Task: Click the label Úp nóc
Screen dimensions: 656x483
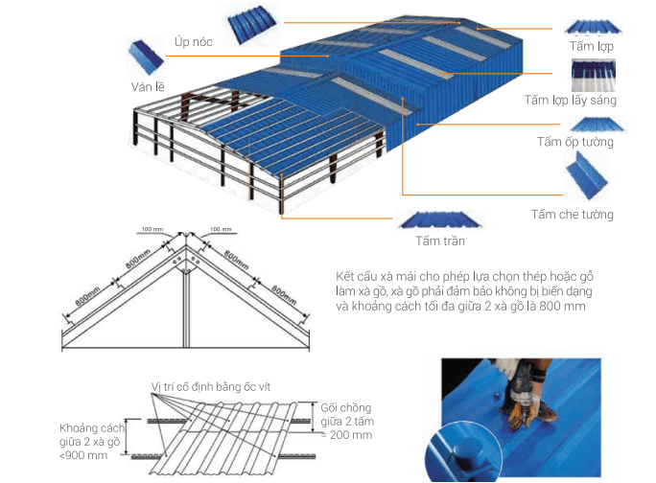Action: click(x=194, y=42)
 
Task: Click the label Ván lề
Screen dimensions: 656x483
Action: click(x=148, y=86)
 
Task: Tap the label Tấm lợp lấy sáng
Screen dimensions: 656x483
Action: click(x=571, y=101)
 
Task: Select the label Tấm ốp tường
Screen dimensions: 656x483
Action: click(x=575, y=142)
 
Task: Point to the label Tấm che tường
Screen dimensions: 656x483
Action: click(x=573, y=215)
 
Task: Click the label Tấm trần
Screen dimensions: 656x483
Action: click(x=440, y=241)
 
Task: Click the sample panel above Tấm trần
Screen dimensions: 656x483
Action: click(x=440, y=220)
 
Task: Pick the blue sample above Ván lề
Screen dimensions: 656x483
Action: click(x=145, y=57)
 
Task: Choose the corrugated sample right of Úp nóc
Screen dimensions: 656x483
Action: click(x=252, y=24)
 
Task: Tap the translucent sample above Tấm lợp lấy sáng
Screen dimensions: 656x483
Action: click(x=594, y=76)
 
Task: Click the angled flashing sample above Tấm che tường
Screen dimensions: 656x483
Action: click(x=586, y=175)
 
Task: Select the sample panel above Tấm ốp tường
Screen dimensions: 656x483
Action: click(x=597, y=125)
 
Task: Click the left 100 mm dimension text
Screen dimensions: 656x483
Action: click(x=152, y=229)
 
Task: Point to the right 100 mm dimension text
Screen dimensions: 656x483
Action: click(x=221, y=229)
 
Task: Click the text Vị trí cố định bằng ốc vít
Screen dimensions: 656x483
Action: click(x=211, y=387)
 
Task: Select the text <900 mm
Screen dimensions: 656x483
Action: click(x=83, y=455)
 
